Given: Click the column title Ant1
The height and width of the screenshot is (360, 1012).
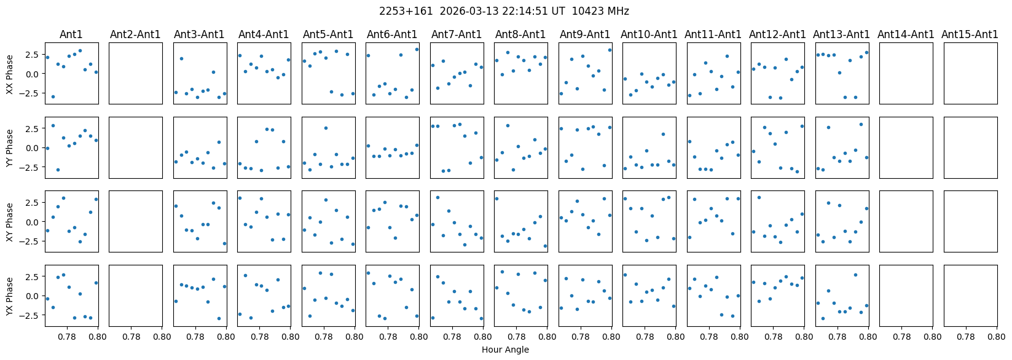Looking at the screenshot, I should click(71, 34).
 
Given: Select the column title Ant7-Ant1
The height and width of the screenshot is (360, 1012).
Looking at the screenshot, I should click(457, 34).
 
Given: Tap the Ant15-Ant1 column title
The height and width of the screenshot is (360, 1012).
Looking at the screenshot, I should click(970, 34).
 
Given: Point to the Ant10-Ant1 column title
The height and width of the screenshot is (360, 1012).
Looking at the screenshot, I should click(649, 34).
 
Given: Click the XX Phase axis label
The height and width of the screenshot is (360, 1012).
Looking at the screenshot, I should click(9, 74).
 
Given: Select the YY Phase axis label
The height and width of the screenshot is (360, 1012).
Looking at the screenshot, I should click(9, 147).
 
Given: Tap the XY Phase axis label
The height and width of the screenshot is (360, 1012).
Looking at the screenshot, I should click(9, 222).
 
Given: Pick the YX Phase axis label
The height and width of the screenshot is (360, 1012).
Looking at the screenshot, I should click(9, 296).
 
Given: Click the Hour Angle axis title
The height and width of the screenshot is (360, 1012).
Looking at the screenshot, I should click(505, 350).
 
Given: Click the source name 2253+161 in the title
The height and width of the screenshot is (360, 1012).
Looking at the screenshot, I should click(399, 11).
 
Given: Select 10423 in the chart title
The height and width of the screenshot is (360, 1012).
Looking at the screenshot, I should click(589, 11).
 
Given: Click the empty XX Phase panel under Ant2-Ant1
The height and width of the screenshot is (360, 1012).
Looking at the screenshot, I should click(136, 73).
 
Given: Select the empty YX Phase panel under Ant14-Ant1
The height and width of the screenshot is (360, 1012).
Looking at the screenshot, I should click(906, 295).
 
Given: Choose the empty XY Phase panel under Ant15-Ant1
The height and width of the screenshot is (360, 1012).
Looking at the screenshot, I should click(970, 221).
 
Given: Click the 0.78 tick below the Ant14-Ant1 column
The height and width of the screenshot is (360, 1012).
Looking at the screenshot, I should click(901, 337).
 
